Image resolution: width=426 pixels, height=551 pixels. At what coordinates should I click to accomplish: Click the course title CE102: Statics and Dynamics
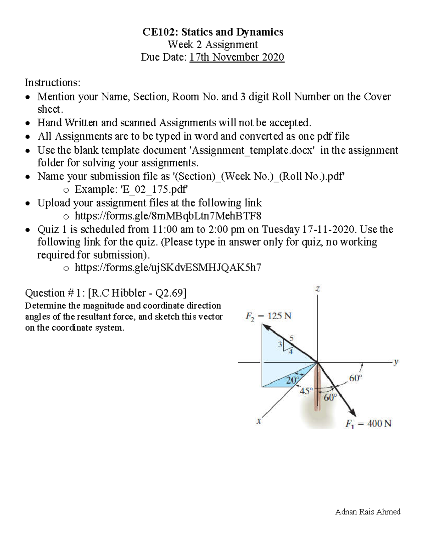coord(213,32)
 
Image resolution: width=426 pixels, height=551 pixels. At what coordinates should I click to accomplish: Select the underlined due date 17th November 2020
coord(237,57)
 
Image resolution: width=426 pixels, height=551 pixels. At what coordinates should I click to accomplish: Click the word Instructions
coord(52,83)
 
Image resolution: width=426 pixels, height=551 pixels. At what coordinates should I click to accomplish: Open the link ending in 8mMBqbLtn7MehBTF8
coord(168,216)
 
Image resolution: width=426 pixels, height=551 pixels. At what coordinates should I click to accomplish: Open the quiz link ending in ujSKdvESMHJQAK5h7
coord(168,268)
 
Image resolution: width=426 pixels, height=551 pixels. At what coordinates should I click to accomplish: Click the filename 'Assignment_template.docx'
coord(252,150)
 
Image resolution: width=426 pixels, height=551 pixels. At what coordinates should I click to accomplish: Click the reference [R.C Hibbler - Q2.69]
coord(137,293)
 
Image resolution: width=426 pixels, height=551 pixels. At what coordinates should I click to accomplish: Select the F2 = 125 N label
coord(268,316)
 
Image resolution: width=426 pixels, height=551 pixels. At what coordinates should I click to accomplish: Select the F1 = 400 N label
coord(368,424)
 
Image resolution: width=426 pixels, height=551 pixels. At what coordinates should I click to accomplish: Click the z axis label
coord(317,290)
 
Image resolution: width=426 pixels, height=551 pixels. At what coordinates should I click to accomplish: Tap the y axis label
coord(396,362)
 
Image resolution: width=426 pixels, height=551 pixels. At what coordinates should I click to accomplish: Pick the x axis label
coord(259,421)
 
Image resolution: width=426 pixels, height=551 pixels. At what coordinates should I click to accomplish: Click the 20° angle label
coord(293,380)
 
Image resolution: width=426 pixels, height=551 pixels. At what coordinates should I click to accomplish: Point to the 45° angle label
coord(306,391)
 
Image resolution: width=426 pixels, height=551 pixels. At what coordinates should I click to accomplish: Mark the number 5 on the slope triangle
coord(291,338)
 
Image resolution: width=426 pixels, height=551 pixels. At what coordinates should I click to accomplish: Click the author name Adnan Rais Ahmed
coord(368,512)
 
